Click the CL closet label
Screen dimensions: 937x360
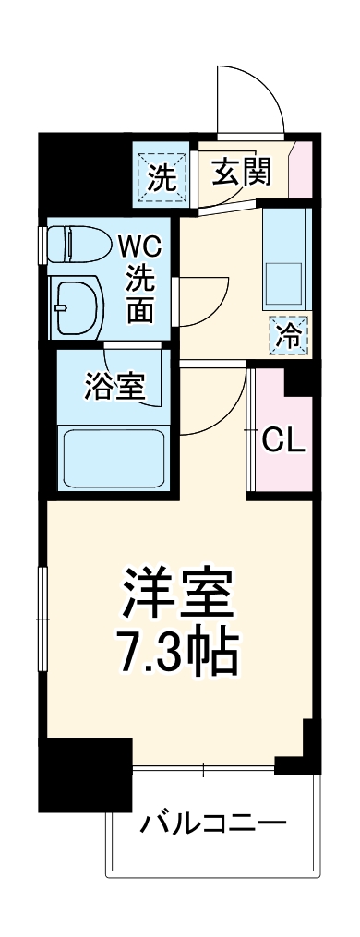(x=282, y=439)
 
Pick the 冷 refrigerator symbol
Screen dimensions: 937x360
(x=288, y=335)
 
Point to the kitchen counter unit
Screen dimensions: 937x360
(x=286, y=258)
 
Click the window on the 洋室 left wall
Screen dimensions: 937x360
(x=42, y=609)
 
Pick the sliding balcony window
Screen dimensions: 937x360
(x=203, y=768)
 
